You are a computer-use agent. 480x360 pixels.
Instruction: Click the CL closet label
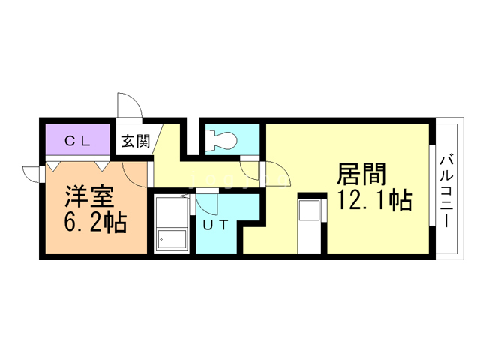(x=77, y=139)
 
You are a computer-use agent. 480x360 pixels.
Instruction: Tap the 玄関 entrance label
(x=136, y=140)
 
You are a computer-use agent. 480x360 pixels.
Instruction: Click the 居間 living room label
(x=361, y=175)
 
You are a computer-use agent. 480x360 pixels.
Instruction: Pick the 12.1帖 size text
(x=373, y=201)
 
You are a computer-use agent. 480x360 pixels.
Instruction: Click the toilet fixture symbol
(x=220, y=139)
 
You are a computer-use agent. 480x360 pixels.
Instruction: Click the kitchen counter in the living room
(x=311, y=223)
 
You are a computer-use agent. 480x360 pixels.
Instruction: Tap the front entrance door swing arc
(x=127, y=105)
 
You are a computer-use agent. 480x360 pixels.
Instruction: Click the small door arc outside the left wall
(x=32, y=173)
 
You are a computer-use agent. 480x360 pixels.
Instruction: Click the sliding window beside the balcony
(x=433, y=191)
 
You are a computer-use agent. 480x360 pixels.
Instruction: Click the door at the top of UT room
(x=208, y=202)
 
